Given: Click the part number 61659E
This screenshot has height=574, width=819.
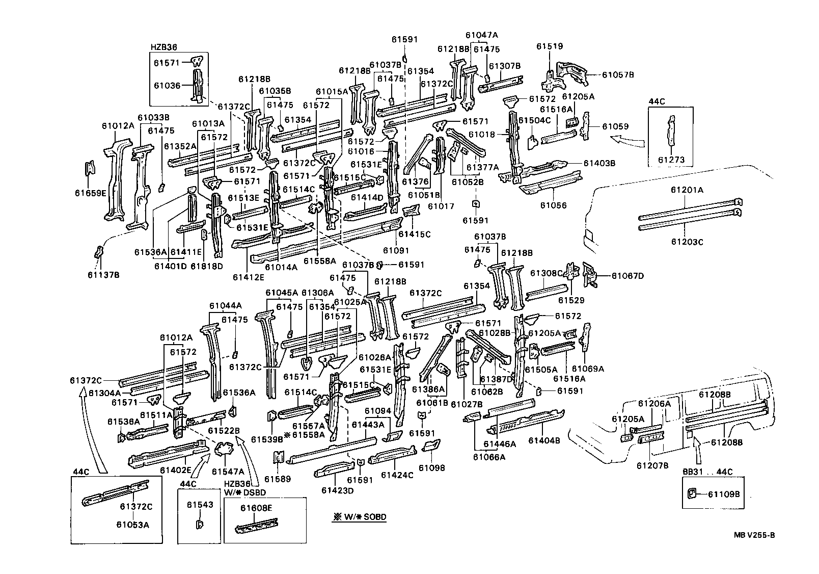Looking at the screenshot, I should pyautogui.click(x=90, y=193).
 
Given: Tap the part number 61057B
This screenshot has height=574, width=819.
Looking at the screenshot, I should pyautogui.click(x=618, y=74).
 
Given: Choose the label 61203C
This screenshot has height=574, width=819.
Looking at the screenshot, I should pyautogui.click(x=687, y=242).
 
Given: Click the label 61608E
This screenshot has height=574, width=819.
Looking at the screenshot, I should pyautogui.click(x=257, y=508).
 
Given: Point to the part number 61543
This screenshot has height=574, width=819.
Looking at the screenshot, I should pyautogui.click(x=199, y=505).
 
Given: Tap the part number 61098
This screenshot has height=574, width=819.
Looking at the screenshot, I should pyautogui.click(x=431, y=467).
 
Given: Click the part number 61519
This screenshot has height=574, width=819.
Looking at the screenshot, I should pyautogui.click(x=550, y=46).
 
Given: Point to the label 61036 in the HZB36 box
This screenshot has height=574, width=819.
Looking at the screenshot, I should pyautogui.click(x=167, y=85).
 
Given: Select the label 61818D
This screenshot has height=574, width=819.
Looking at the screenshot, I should pyautogui.click(x=207, y=266).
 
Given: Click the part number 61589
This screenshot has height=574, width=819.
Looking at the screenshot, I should pyautogui.click(x=278, y=479).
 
